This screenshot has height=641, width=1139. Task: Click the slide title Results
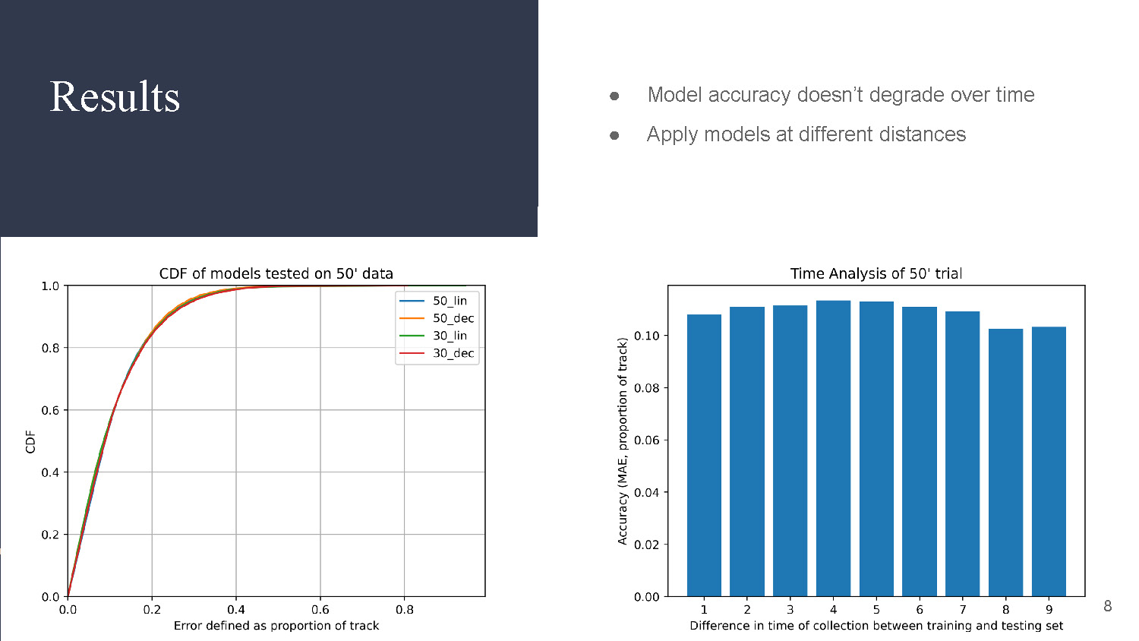click(115, 97)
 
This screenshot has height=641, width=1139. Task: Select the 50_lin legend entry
click(450, 301)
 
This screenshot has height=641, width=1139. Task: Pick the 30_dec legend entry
click(453, 353)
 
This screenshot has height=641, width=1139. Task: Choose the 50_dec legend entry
click(453, 318)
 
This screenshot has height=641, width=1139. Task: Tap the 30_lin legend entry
click(450, 336)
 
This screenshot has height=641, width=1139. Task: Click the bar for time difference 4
click(833, 448)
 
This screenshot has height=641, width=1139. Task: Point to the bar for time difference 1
click(704, 455)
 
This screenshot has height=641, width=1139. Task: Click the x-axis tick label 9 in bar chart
click(1049, 609)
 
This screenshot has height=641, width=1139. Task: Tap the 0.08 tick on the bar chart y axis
click(646, 388)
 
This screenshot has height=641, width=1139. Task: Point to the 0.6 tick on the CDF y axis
click(50, 410)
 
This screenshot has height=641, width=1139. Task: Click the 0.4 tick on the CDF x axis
click(236, 609)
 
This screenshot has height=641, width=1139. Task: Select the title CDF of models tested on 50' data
click(276, 273)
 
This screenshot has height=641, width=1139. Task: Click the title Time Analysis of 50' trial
click(876, 273)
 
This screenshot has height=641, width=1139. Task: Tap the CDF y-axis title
click(30, 441)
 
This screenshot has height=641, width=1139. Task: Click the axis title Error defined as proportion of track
click(276, 626)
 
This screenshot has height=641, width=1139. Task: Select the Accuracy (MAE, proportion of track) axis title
click(623, 441)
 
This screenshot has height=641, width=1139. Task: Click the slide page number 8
click(1107, 606)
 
